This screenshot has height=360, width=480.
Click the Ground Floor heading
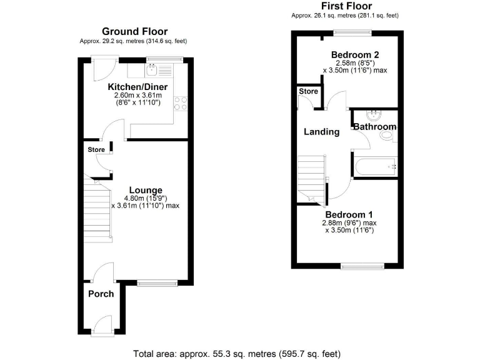[x=134, y=31]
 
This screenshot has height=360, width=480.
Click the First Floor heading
[x=344, y=6]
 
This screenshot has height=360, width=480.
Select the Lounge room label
[x=146, y=190]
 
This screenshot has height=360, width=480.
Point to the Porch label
[x=101, y=294]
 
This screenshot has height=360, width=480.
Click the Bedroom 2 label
[x=355, y=53]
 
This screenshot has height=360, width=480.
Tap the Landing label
[x=321, y=132]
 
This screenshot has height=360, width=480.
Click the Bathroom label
[x=374, y=127]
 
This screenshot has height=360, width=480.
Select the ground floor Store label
[x=96, y=150]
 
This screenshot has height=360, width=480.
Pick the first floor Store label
[x=308, y=92]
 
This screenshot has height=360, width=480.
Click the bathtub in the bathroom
[x=375, y=166]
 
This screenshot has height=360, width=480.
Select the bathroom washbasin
[x=375, y=114]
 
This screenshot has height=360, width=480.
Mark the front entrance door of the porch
[x=101, y=326]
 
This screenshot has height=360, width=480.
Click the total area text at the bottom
[x=237, y=353]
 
